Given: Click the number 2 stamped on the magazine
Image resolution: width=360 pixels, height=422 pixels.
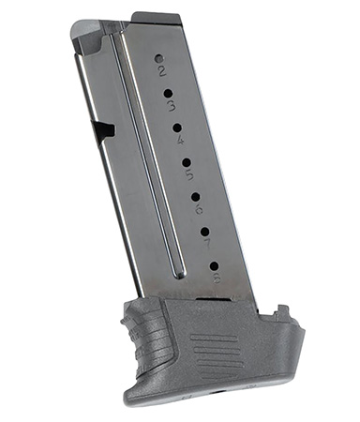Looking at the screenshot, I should (x=161, y=70).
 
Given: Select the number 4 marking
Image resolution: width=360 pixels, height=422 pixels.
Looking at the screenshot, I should (x=179, y=140).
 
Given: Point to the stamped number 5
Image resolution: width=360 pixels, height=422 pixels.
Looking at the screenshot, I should (x=188, y=174).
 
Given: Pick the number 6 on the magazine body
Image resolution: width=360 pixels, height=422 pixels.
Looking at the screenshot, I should (x=199, y=208).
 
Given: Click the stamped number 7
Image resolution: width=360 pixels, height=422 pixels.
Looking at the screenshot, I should (x=206, y=243).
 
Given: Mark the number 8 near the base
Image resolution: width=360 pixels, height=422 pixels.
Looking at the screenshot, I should (x=217, y=277).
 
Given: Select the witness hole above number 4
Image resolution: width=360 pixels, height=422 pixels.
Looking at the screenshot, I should (x=176, y=128).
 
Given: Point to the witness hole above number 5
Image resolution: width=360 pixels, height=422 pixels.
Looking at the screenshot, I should (x=186, y=162).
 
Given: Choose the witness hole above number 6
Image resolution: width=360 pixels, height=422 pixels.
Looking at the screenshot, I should (x=195, y=196).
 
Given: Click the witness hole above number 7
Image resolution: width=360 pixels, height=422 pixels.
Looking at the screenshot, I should (x=203, y=230).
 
